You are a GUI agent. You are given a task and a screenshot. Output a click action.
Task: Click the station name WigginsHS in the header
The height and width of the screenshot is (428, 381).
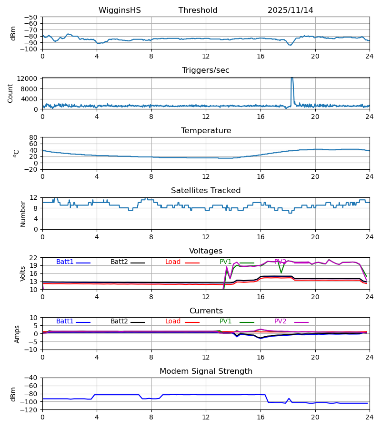[x=120, y=10]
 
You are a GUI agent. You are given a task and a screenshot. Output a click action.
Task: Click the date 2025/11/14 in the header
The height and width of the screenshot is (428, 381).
[x=290, y=10]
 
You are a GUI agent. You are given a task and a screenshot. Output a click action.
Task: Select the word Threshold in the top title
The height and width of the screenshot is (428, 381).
[x=198, y=10]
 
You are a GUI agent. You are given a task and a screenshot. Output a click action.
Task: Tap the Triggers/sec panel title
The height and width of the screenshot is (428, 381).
[x=206, y=70]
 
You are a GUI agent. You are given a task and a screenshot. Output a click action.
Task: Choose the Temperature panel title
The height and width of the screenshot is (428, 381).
[x=206, y=131]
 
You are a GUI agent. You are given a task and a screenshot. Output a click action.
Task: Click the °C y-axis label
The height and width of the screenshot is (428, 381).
[x=16, y=153]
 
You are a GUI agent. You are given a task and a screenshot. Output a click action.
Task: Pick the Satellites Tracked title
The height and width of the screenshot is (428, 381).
[x=206, y=191]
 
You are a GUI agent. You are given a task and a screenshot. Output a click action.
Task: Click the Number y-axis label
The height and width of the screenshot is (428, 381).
[x=23, y=214]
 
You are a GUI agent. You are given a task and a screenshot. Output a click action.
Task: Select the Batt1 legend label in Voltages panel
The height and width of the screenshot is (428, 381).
[x=65, y=262]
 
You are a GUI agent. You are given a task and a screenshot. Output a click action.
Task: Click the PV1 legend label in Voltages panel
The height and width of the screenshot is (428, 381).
[x=225, y=262]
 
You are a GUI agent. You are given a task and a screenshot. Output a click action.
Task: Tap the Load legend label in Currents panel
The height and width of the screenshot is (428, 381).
[x=173, y=321]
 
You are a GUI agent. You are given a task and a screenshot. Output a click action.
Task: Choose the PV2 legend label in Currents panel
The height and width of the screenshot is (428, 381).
[x=281, y=321]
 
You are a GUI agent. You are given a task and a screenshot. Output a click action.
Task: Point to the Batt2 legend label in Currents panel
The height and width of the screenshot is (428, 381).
[x=119, y=321]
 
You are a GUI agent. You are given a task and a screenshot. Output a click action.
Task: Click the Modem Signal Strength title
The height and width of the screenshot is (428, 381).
[x=206, y=371]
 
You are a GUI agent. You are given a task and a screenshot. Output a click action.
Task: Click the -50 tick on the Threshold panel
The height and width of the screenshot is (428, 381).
[x=31, y=17]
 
